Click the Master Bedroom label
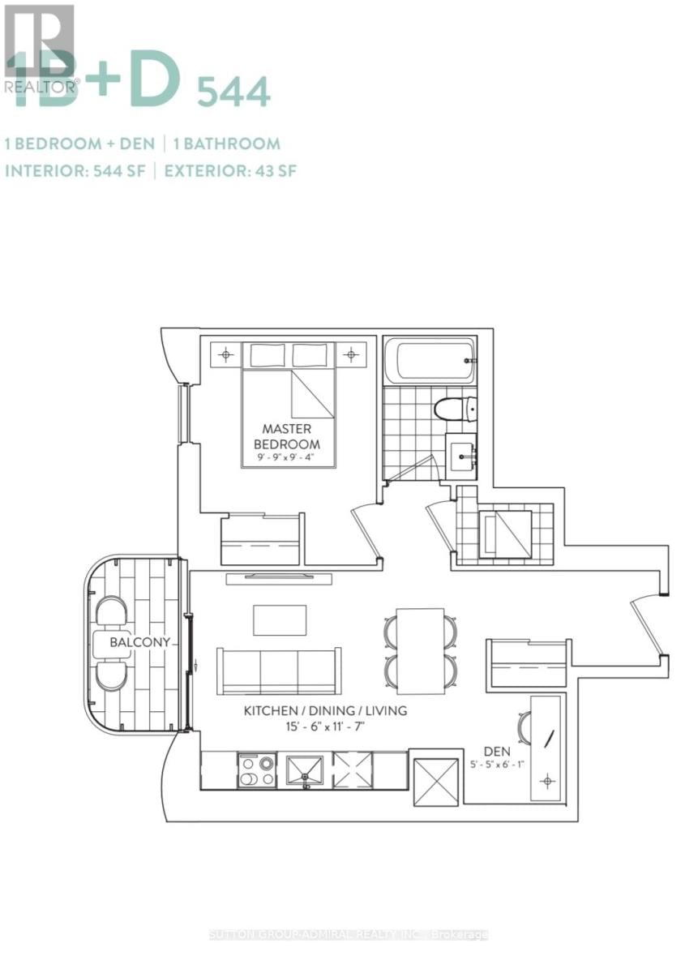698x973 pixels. point(287,435)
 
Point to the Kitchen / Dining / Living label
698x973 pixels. point(325,711)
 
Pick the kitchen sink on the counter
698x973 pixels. point(306,770)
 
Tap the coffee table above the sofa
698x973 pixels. point(280,620)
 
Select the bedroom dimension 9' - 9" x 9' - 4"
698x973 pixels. point(287,459)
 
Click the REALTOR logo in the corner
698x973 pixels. point(38,49)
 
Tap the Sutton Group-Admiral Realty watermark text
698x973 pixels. point(349,935)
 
